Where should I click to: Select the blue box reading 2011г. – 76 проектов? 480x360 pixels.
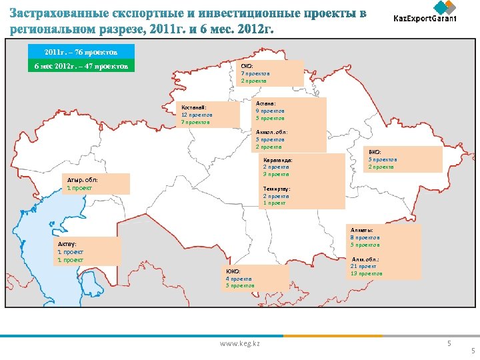pyautogui.click(x=81, y=51)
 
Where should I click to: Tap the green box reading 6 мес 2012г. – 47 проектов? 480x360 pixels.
pyautogui.click(x=81, y=66)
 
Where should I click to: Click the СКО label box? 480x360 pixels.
pyautogui.click(x=271, y=73)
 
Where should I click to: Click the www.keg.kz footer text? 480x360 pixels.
pyautogui.click(x=240, y=343)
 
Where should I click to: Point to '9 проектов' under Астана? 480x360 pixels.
pyautogui.click(x=271, y=111)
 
